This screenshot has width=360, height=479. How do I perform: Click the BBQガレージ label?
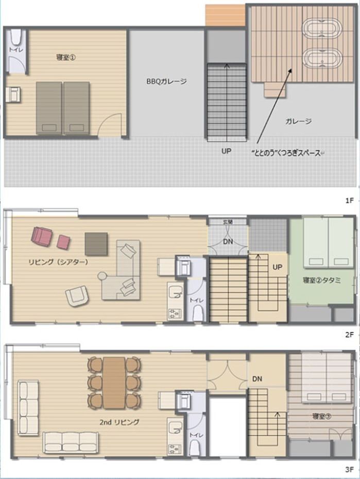(x=166, y=82)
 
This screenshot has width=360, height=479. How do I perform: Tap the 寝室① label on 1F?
(x=66, y=57)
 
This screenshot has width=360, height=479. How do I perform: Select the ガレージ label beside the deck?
(x=299, y=121)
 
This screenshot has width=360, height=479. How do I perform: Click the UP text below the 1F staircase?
(x=226, y=151)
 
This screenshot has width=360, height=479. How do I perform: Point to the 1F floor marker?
(x=349, y=201)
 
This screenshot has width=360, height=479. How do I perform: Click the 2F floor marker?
(x=349, y=335)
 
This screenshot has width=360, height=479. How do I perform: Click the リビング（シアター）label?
(x=58, y=262)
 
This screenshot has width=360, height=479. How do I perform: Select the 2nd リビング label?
(x=119, y=422)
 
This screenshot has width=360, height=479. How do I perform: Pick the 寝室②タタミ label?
(x=322, y=280)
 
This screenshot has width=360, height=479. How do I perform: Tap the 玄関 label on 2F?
(x=228, y=222)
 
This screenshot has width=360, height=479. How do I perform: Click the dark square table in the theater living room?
(x=96, y=244)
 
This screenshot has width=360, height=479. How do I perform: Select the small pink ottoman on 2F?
(x=64, y=242)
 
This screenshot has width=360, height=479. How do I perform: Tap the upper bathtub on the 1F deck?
(x=321, y=30)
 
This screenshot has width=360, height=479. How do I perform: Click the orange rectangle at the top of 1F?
(x=226, y=15)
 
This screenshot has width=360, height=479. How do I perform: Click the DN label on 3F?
(x=257, y=379)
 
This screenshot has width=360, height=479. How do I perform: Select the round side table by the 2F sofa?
(x=101, y=276)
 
